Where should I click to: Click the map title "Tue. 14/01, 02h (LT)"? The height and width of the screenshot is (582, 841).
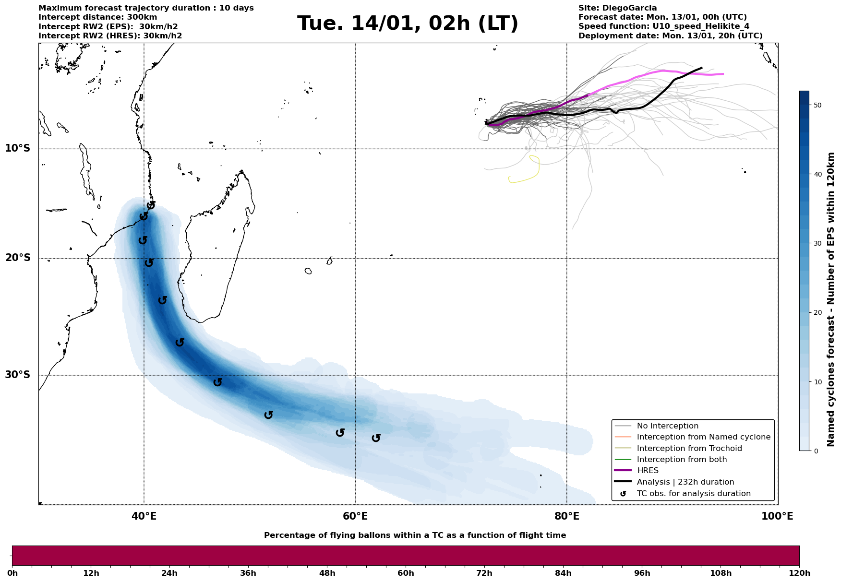(408, 24)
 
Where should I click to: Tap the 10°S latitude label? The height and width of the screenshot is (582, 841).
(18, 148)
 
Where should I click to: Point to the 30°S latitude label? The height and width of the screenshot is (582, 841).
(18, 375)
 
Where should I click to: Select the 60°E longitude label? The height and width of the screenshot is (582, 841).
(355, 516)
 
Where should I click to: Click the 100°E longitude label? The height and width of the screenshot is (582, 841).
(777, 516)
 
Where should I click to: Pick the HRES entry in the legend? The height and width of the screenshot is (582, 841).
(648, 471)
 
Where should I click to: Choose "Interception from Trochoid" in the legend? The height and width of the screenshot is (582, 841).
(689, 448)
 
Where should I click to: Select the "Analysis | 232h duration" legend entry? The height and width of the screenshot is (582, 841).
(685, 482)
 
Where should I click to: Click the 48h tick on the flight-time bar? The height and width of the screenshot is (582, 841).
(327, 573)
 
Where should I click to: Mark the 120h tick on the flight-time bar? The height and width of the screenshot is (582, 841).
(799, 573)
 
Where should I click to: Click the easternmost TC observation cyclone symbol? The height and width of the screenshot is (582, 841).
(376, 438)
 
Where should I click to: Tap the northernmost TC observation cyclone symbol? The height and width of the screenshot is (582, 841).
(151, 205)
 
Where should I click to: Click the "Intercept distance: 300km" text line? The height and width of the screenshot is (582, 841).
(97, 17)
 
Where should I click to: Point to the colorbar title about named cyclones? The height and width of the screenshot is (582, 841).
(831, 299)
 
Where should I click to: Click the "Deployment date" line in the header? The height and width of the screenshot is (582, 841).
(670, 36)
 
